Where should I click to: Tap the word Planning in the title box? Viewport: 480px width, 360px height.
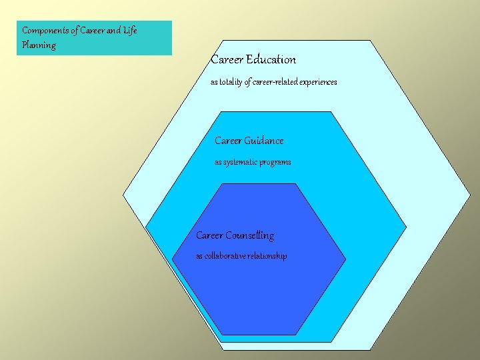point(39,45)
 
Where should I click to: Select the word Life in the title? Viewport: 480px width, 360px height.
point(129,31)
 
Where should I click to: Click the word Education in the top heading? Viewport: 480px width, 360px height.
point(271,59)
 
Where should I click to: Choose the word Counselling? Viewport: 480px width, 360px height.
point(249,235)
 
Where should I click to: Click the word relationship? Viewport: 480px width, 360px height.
point(267,256)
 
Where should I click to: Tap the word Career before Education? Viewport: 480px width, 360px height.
point(227,59)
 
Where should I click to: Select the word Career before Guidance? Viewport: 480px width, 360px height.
point(228,141)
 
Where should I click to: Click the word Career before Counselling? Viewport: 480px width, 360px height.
point(209,235)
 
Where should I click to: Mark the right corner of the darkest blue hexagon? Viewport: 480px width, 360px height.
point(346,259)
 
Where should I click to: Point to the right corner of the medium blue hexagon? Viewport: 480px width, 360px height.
point(406,227)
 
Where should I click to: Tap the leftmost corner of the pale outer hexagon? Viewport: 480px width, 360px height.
point(123,195)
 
